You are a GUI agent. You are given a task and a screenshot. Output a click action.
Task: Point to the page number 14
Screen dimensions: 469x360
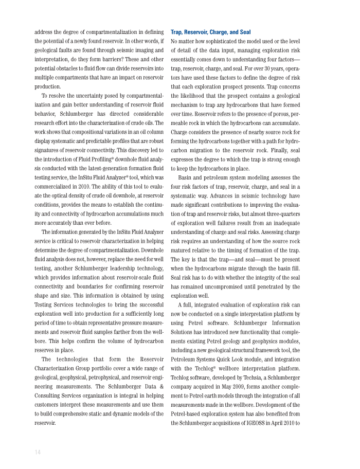click(38, 452)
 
